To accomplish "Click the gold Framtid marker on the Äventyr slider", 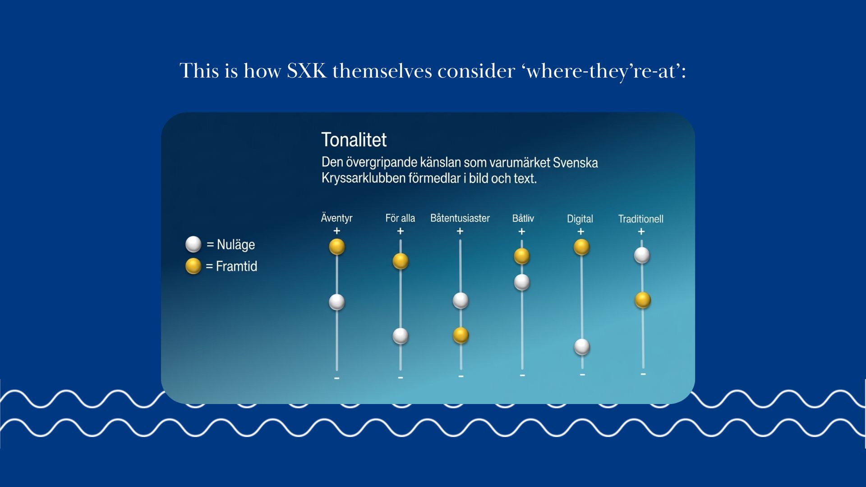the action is [x=337, y=247].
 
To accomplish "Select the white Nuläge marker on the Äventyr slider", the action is [x=337, y=302].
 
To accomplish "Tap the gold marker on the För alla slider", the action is [x=401, y=261].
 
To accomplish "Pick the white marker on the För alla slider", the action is [x=401, y=336].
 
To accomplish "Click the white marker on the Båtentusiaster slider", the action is [x=461, y=300].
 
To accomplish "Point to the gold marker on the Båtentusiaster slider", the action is [x=461, y=335].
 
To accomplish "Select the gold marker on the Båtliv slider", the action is [x=522, y=256].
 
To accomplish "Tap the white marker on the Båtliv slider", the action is [x=522, y=282].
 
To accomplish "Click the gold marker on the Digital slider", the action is [x=581, y=247].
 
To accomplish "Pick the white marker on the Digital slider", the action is [x=582, y=347].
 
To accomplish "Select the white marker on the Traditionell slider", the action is [x=642, y=255].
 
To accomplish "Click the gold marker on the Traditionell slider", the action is [x=643, y=300].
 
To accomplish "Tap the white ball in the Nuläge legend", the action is [x=193, y=244].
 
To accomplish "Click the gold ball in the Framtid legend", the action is [x=193, y=266].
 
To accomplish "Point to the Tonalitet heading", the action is [x=354, y=140].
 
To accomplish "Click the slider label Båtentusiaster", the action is [x=460, y=218].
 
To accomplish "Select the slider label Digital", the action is [x=580, y=219].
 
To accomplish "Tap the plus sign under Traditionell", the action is [x=641, y=231].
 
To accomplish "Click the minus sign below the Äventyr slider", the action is [x=337, y=378].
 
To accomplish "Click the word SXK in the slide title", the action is [x=307, y=71].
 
